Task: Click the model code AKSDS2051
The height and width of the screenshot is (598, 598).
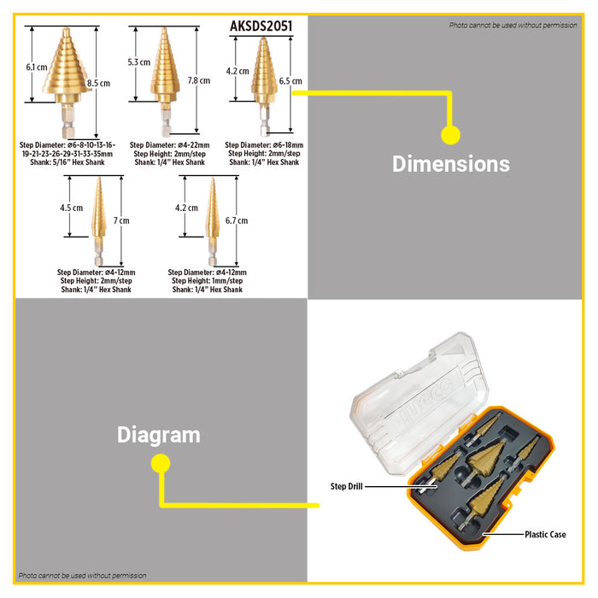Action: click(261, 26)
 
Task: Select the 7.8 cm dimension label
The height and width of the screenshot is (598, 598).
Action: click(197, 79)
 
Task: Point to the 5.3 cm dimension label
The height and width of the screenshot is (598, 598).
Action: click(138, 62)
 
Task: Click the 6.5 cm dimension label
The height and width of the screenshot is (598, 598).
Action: click(290, 81)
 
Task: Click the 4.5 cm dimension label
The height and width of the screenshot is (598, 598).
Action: click(71, 208)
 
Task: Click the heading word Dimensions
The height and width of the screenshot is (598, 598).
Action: click(450, 163)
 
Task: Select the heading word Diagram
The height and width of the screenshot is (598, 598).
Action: click(158, 435)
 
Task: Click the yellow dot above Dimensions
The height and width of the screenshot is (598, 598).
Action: click(450, 134)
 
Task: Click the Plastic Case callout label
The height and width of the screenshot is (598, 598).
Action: click(544, 535)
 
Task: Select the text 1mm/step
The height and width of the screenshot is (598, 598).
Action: click(226, 281)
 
